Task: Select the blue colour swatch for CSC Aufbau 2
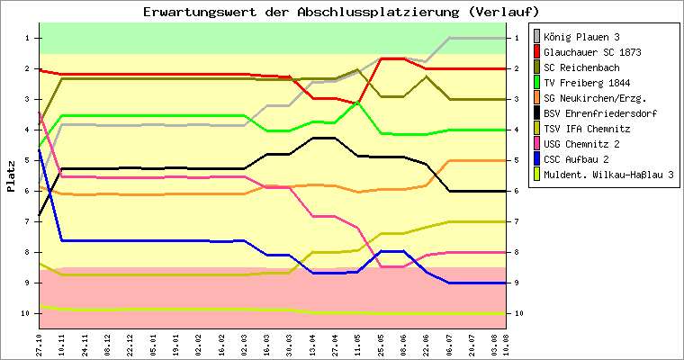click(x=537, y=159)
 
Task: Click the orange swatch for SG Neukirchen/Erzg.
click(x=537, y=98)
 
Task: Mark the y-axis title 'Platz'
click(x=11, y=175)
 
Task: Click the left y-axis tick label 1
click(x=28, y=38)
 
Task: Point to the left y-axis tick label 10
click(x=26, y=313)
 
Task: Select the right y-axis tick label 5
click(x=517, y=160)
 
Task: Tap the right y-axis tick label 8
click(x=517, y=252)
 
